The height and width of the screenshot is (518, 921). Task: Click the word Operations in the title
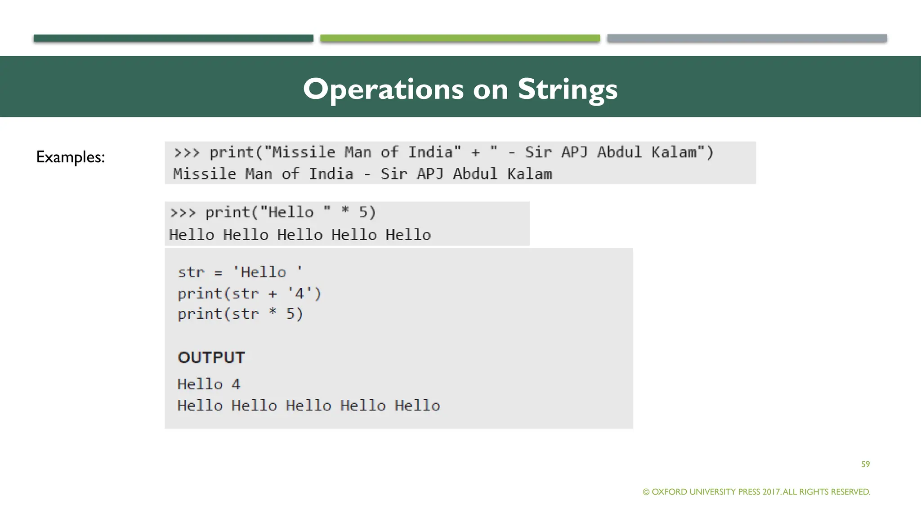pyautogui.click(x=383, y=89)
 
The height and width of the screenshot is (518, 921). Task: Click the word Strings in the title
pyautogui.click(x=568, y=89)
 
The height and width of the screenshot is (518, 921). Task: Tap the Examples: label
pyautogui.click(x=71, y=157)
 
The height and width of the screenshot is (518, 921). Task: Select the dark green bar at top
pyautogui.click(x=173, y=38)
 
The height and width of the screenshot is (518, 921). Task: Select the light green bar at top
pyautogui.click(x=460, y=38)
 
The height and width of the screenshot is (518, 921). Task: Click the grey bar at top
pyautogui.click(x=747, y=38)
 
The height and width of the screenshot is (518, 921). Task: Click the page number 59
pyautogui.click(x=865, y=464)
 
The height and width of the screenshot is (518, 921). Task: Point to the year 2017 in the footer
pyautogui.click(x=771, y=492)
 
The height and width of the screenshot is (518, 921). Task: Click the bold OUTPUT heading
pyautogui.click(x=211, y=357)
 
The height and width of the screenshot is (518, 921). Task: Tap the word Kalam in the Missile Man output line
pyautogui.click(x=530, y=174)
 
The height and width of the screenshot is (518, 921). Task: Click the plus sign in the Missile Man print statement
pyautogui.click(x=475, y=152)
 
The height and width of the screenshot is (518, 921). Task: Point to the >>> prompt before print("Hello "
pyautogui.click(x=183, y=212)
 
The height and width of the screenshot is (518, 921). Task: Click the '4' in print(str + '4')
pyautogui.click(x=300, y=294)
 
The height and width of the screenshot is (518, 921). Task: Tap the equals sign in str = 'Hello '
pyautogui.click(x=218, y=273)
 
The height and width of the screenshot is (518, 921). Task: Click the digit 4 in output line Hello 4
pyautogui.click(x=236, y=384)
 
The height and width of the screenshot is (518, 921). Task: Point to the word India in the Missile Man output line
pyautogui.click(x=331, y=174)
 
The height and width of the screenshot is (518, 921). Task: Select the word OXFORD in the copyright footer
pyautogui.click(x=669, y=492)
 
